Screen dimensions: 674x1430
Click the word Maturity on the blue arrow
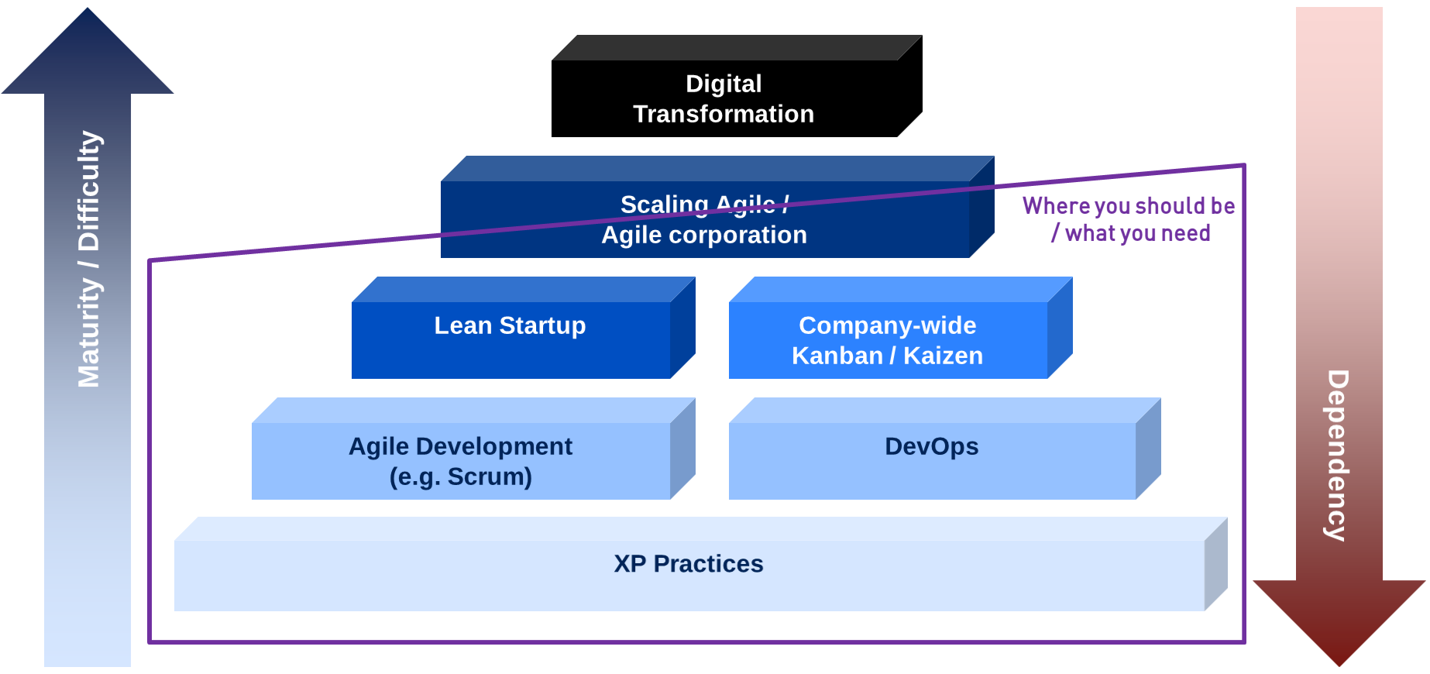pos(89,333)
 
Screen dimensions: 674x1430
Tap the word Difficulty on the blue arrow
pos(89,191)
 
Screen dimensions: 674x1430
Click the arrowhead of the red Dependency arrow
pos(1339,620)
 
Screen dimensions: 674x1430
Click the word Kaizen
pos(943,356)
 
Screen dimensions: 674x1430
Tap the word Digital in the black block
pos(724,84)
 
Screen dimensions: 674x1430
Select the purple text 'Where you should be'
pos(1129,206)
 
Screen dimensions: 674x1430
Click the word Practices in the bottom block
pos(708,564)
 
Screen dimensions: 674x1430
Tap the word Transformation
pos(724,114)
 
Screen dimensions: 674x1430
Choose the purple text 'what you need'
pos(1137,233)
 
